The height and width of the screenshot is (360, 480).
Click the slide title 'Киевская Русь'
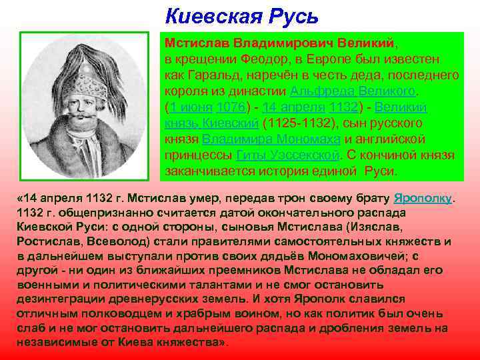point(241,14)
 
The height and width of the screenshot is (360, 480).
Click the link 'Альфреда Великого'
point(353,91)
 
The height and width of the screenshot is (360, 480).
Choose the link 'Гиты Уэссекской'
point(287,155)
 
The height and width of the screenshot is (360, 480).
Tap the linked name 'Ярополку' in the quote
point(423,199)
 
